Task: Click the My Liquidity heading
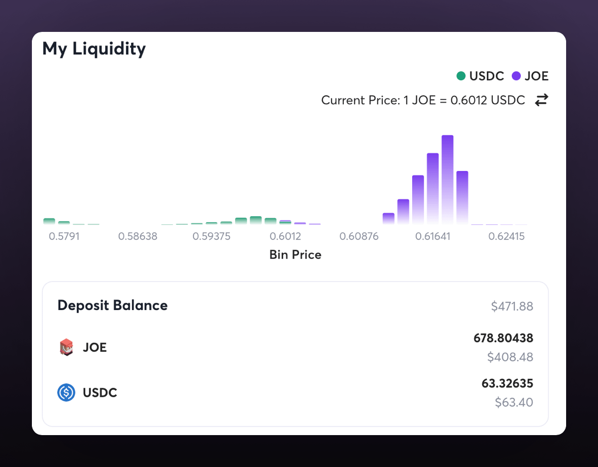coord(94,49)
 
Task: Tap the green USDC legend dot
coord(461,76)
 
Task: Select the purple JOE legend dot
coord(516,76)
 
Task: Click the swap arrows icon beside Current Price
coord(541,100)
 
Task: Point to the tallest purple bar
coord(448,179)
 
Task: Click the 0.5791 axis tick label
coord(64,236)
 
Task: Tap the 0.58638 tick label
coord(138,236)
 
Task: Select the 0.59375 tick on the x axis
coord(211,236)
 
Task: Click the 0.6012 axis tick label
coord(286,236)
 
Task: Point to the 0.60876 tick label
coord(359,236)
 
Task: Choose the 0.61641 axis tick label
coord(433,236)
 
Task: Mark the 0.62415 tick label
coord(506,236)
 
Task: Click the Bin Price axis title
coord(295,255)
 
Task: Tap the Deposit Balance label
coord(113,305)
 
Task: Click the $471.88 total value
coord(512,307)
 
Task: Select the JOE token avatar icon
coord(66,347)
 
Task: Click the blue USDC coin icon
coord(66,393)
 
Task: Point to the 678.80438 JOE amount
coord(503,338)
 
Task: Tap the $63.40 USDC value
coord(514,402)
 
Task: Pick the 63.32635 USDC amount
coord(507,384)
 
